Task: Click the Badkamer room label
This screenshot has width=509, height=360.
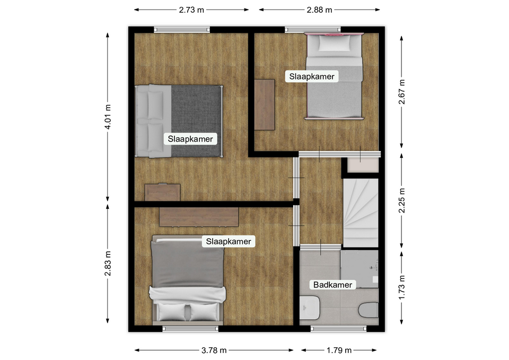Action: [x=332, y=285]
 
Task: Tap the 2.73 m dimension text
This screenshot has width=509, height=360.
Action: [x=191, y=10]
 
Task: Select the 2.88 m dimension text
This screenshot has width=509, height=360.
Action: [x=319, y=10]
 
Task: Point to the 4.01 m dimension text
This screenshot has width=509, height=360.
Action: [x=108, y=117]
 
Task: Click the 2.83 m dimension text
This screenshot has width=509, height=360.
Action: [x=108, y=264]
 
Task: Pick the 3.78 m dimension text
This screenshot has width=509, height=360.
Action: [x=214, y=350]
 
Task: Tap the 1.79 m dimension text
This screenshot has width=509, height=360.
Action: [x=339, y=350]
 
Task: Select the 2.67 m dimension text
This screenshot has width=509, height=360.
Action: [x=402, y=92]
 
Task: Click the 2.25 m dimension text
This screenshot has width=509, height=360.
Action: [x=402, y=200]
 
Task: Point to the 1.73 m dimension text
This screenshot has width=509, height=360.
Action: [x=402, y=287]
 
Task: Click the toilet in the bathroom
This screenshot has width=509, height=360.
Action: [x=368, y=310]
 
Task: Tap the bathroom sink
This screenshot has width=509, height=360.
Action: [x=309, y=308]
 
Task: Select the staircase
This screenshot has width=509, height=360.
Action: [x=361, y=213]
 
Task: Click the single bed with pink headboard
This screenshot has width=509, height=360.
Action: [x=334, y=76]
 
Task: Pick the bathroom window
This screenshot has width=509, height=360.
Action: [x=339, y=329]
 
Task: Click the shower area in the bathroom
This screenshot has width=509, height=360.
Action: [x=359, y=269]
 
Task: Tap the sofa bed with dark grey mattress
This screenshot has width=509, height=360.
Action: [x=179, y=121]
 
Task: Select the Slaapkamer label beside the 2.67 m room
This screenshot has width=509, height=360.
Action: [x=312, y=76]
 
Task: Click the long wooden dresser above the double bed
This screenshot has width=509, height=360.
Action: [x=199, y=217]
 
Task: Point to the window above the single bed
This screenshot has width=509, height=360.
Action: [x=313, y=30]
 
